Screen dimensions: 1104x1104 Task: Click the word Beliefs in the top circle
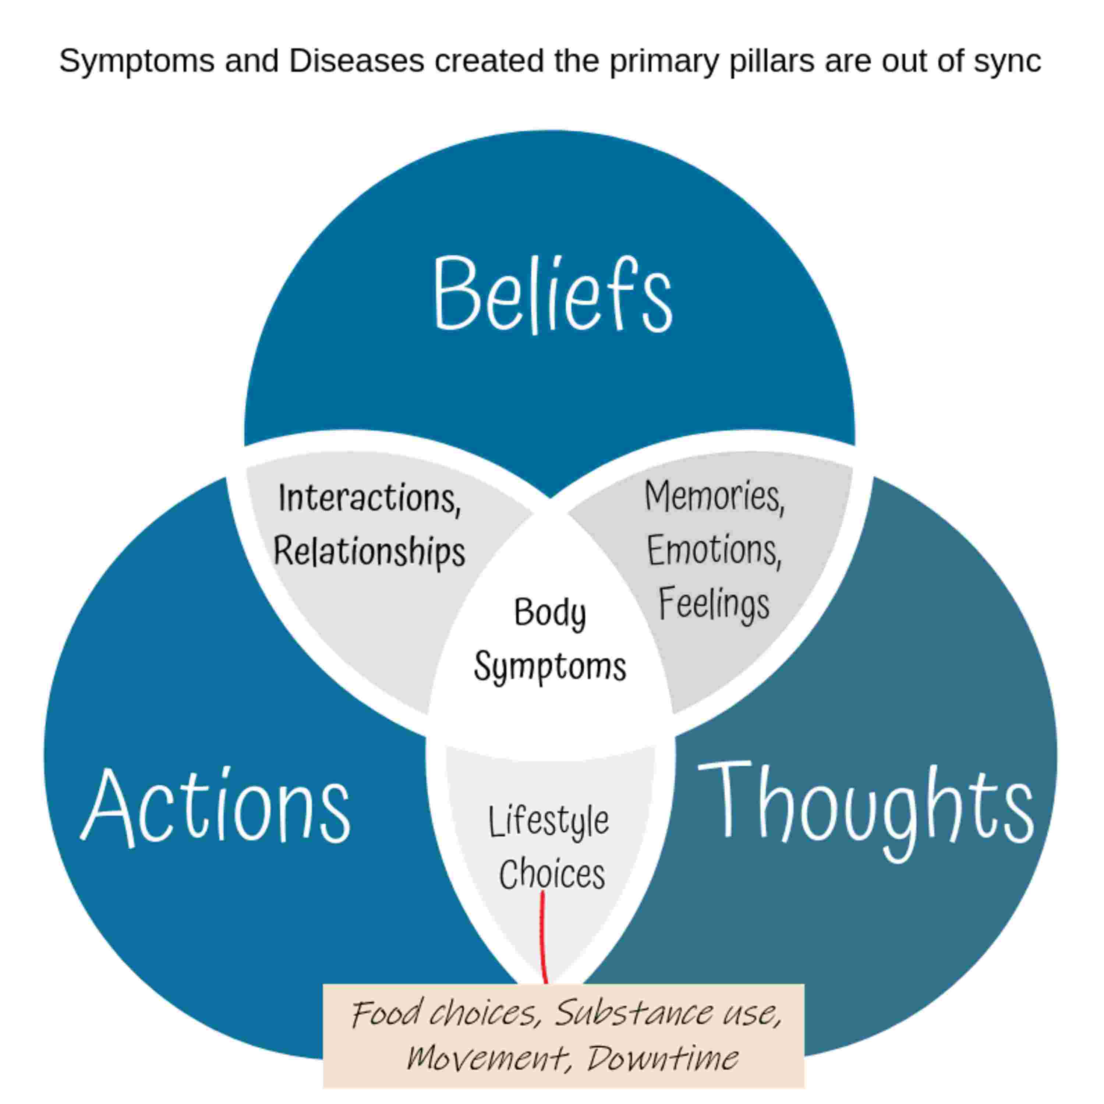(x=552, y=294)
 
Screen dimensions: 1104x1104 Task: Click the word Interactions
(x=369, y=498)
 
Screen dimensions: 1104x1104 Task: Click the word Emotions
(x=714, y=550)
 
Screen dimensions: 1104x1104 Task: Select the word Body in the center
(x=550, y=613)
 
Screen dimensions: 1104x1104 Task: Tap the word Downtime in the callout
(x=662, y=1059)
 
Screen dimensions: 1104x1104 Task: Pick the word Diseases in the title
(x=357, y=61)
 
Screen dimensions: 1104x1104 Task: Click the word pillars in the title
(x=771, y=61)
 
